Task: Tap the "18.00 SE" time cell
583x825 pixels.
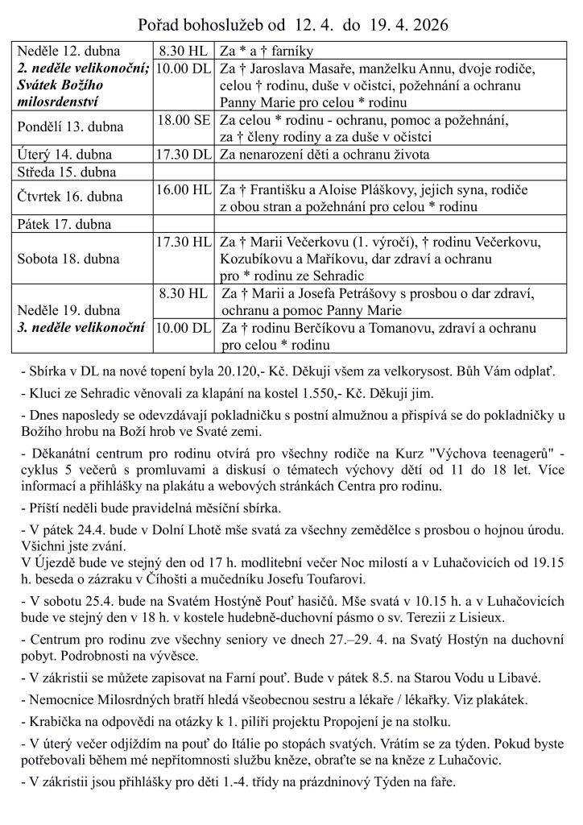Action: tap(184, 120)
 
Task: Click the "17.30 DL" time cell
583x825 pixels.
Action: tap(184, 154)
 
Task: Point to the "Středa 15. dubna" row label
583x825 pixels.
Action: tap(67, 172)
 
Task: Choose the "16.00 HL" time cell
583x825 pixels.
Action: tap(184, 189)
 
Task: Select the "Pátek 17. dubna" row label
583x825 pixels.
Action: tap(64, 225)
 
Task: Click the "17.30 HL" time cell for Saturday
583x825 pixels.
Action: tap(184, 242)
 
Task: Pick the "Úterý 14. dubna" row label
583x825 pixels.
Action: tap(66, 154)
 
